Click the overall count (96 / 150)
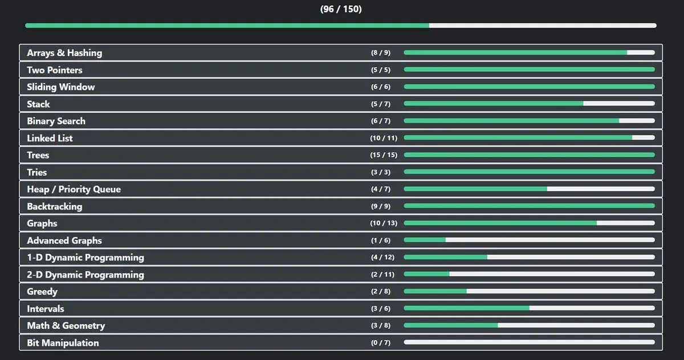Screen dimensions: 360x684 click(341, 9)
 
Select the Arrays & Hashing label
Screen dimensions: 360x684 click(64, 53)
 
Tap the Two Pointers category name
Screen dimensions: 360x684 click(55, 70)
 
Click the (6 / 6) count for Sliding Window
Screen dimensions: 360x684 click(381, 87)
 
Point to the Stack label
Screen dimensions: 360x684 click(38, 104)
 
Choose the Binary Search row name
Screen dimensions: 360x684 click(56, 121)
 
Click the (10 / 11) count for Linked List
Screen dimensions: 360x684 click(383, 138)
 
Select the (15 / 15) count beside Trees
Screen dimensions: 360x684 click(383, 156)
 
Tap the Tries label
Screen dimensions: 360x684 click(37, 172)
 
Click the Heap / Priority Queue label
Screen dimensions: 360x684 click(74, 189)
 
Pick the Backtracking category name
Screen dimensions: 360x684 click(54, 206)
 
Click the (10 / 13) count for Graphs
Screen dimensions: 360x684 click(383, 223)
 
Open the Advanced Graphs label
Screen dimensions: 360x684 click(64, 240)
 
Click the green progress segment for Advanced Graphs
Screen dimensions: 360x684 click(425, 240)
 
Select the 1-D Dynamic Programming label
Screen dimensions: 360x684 click(85, 257)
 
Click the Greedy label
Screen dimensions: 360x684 click(42, 292)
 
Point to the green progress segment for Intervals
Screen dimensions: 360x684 click(466, 309)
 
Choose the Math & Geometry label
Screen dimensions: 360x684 click(66, 326)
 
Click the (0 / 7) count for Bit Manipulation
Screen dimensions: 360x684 click(381, 343)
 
